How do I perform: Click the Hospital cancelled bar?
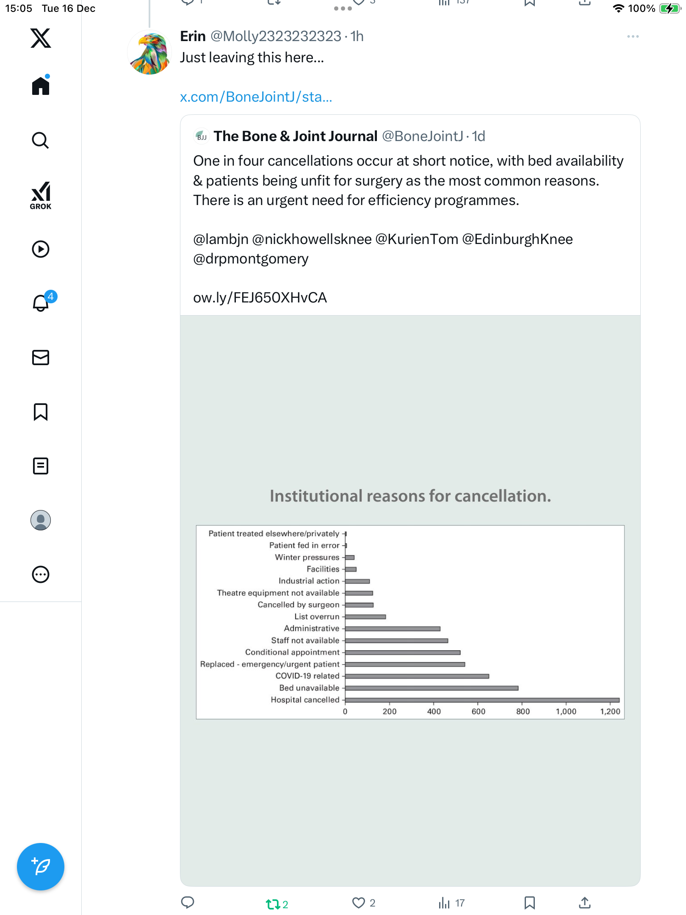(x=482, y=700)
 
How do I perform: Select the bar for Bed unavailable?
(x=432, y=688)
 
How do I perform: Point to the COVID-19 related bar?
(x=417, y=676)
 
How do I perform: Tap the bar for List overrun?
(x=365, y=617)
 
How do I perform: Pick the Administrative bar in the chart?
(x=393, y=629)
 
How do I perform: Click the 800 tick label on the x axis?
(x=523, y=712)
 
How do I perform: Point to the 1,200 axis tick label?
(x=610, y=712)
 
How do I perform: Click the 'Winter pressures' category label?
(x=307, y=557)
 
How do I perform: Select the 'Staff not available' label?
(x=305, y=640)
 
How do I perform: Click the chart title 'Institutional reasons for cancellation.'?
(x=410, y=496)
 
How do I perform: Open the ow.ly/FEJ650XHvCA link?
(x=260, y=298)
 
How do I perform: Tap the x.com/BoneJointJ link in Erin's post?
(x=256, y=97)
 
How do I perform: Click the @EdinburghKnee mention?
(x=517, y=239)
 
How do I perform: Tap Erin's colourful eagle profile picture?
(x=149, y=52)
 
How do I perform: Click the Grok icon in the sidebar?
(x=41, y=195)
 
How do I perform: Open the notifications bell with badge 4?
(x=41, y=303)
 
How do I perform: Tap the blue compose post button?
(x=41, y=867)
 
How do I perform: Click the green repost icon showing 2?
(x=273, y=904)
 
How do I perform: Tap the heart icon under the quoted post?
(x=359, y=903)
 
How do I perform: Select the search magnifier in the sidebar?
(x=41, y=140)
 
